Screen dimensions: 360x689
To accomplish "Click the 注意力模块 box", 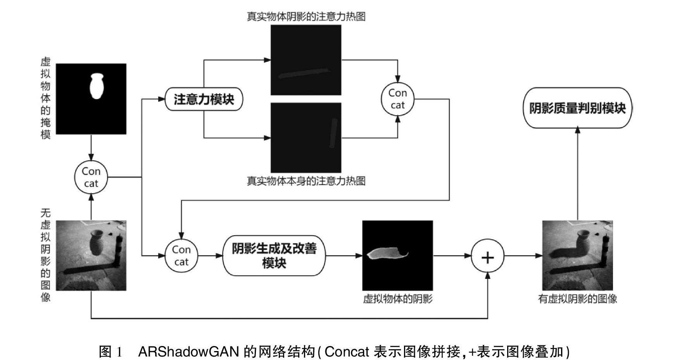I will point(204,99).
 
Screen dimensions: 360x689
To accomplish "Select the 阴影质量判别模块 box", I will point(577,108).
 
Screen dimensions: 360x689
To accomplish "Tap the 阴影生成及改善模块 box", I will point(274,256).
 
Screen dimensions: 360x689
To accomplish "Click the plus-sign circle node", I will point(487,256).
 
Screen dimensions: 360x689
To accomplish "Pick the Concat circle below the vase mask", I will point(91,177).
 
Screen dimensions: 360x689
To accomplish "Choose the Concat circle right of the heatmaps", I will point(397,99).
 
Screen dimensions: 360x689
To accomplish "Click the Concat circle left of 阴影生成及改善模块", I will point(181,256).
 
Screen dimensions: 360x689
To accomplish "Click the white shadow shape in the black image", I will point(386,254).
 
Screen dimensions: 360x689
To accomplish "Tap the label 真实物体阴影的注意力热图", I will point(306,17).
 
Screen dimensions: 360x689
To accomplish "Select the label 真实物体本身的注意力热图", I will point(306,181).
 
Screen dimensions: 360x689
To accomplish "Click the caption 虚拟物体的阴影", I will point(397,299).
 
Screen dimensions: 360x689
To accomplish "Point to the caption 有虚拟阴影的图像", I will point(577,299).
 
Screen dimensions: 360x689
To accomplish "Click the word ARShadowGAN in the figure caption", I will point(188,352).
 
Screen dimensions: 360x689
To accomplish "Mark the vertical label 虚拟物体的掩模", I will point(46,99).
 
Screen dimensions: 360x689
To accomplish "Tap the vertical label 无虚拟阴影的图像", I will point(46,255).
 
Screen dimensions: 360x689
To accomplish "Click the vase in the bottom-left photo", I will point(96,242).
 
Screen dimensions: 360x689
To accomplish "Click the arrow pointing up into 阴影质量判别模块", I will point(577,130).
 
